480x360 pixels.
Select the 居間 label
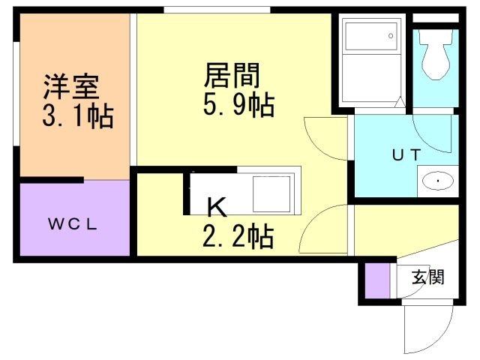click(x=232, y=76)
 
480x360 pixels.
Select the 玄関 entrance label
click(x=427, y=277)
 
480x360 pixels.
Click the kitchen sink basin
click(x=273, y=193)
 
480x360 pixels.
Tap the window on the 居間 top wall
click(x=217, y=10)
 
